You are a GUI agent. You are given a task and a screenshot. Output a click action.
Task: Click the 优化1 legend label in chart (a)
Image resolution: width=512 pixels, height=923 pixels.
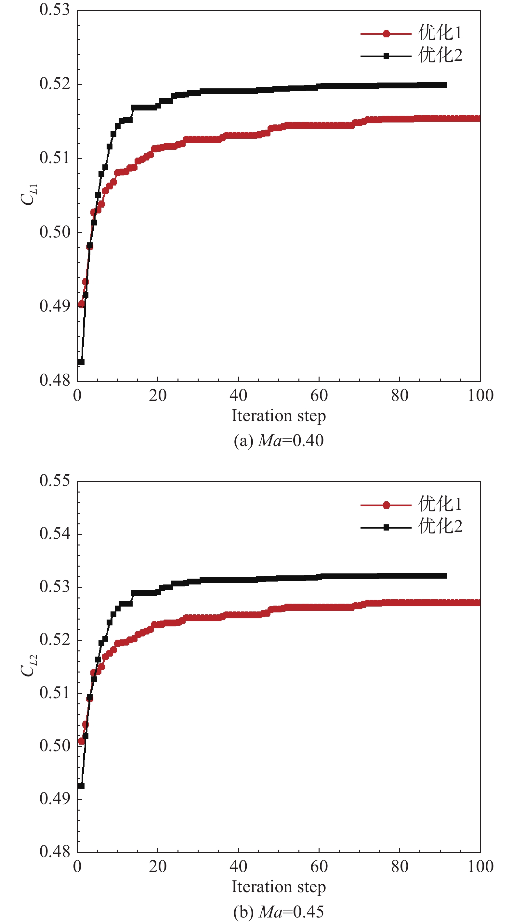point(440,33)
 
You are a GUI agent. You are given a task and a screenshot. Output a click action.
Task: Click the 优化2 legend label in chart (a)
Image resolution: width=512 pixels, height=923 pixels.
point(440,56)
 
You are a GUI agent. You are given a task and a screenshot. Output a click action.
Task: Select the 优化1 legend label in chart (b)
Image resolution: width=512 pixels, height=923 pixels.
point(440,504)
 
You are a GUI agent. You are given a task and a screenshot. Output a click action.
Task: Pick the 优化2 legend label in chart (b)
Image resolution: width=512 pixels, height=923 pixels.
point(440,527)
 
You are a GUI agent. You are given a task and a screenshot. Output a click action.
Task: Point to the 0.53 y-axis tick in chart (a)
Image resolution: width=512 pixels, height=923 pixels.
point(55,10)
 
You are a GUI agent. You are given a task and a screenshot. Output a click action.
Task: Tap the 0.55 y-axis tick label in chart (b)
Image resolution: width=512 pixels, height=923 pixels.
point(55,481)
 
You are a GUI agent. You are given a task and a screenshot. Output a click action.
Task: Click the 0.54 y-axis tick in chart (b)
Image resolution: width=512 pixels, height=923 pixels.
point(55,534)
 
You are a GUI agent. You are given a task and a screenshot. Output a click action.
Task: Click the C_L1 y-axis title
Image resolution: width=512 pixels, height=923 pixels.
point(29,194)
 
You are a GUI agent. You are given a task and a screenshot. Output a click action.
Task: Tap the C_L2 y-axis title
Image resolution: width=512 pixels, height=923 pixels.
point(29,665)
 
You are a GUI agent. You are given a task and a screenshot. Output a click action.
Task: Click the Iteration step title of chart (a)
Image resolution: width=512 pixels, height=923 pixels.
point(279,416)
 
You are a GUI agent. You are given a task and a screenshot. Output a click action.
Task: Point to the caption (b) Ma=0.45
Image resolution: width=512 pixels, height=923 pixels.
point(279,912)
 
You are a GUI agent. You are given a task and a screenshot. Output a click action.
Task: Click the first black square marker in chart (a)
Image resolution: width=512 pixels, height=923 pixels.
point(81,362)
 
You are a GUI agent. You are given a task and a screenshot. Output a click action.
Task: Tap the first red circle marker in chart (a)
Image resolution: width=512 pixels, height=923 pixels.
point(81,304)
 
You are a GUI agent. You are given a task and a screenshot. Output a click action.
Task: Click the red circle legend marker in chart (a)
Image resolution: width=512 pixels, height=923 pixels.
point(386,34)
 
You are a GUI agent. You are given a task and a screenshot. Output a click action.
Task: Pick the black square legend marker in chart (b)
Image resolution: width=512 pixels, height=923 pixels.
point(386,527)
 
